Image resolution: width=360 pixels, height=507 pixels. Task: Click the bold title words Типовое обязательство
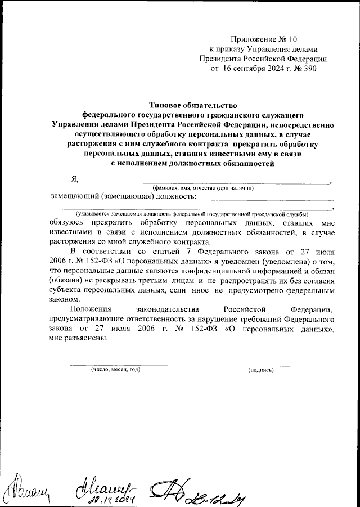tap(193, 105)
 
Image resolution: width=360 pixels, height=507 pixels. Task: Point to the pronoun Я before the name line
tap(73, 179)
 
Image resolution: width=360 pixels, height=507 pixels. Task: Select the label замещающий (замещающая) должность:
tap(123, 196)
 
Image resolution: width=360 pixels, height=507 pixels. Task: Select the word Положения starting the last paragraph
tap(91, 309)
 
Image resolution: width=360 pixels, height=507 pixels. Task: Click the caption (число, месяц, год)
tap(116, 370)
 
